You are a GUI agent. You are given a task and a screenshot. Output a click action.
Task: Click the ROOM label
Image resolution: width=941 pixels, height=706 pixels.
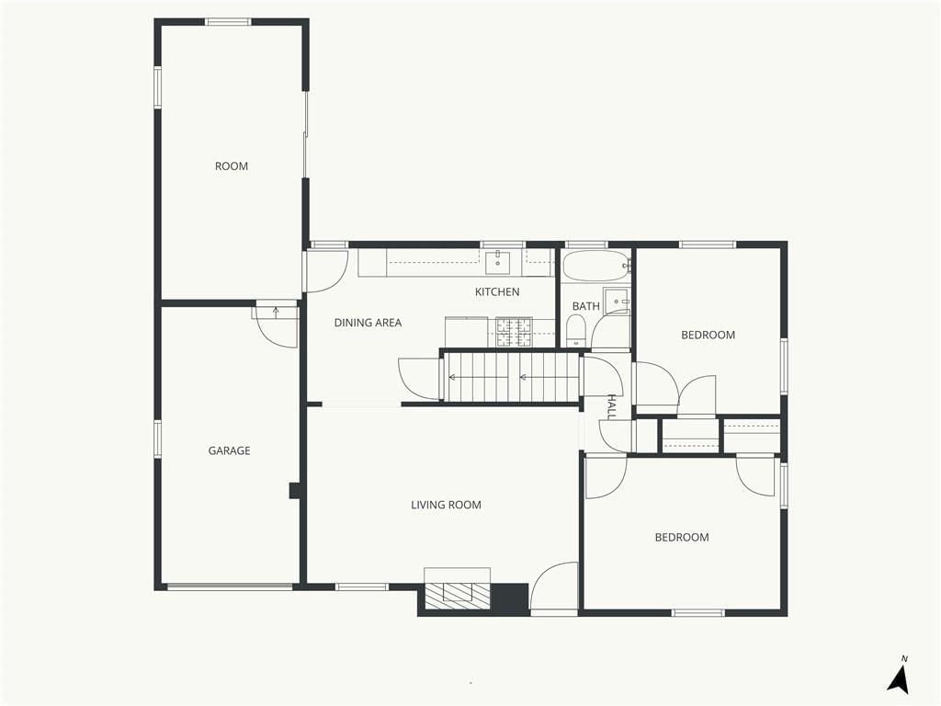[231, 166]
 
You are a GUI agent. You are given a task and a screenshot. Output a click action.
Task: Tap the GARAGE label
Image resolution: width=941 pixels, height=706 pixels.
[229, 450]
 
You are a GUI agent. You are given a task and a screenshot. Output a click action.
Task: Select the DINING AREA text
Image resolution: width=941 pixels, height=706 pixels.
[368, 323]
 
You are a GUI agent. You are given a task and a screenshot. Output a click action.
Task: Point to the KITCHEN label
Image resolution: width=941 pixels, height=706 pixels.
[497, 292]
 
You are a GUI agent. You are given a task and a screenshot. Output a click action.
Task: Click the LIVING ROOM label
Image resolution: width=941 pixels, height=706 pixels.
[446, 506]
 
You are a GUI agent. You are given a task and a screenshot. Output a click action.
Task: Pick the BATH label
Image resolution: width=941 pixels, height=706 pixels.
[585, 306]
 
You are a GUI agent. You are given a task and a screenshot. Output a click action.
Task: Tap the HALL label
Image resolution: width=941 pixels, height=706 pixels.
[611, 406]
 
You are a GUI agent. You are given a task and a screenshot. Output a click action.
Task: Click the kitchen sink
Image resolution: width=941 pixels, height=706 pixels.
[497, 262]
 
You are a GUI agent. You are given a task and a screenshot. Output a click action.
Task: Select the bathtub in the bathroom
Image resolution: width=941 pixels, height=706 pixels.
[595, 266]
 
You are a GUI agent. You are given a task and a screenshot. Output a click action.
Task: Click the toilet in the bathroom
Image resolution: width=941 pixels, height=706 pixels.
[576, 331]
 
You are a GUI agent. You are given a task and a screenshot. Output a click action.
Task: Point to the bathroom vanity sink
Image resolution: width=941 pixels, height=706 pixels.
[617, 301]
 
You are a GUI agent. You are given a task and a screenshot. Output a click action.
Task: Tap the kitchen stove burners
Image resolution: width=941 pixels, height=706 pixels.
[514, 333]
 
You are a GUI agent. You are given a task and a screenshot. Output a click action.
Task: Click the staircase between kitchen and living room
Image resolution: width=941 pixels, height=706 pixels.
[511, 377]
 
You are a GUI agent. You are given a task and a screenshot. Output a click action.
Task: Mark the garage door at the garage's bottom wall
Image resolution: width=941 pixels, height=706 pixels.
[230, 586]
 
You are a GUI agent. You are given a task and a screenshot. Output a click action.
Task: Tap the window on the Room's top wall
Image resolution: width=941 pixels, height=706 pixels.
[228, 22]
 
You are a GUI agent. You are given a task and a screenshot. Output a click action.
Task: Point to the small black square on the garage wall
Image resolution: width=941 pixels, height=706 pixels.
[295, 491]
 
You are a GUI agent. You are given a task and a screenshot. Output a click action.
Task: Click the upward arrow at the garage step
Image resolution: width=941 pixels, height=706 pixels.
[276, 313]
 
